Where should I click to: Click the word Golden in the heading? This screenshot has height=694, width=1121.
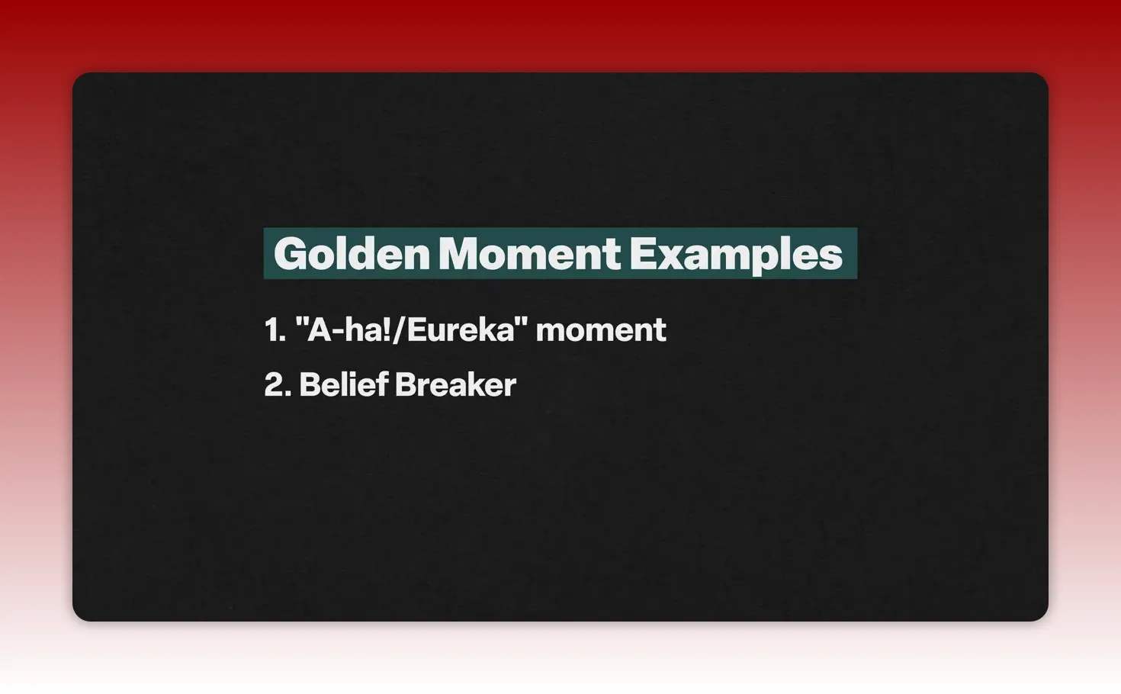tap(352, 254)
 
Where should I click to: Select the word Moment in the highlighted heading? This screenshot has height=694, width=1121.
tap(529, 254)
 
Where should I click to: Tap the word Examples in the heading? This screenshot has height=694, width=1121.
tap(736, 254)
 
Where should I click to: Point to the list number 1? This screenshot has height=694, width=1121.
tap(272, 330)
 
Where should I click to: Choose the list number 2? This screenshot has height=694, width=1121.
tap(275, 385)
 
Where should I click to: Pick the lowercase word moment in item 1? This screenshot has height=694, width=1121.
tap(601, 330)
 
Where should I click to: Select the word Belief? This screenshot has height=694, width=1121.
tap(343, 385)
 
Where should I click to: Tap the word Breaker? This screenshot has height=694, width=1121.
tap(455, 385)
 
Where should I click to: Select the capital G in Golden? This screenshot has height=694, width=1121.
tap(290, 254)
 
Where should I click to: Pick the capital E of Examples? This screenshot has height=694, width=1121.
tap(643, 254)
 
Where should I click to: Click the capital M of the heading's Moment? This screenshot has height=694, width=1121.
tap(459, 254)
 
